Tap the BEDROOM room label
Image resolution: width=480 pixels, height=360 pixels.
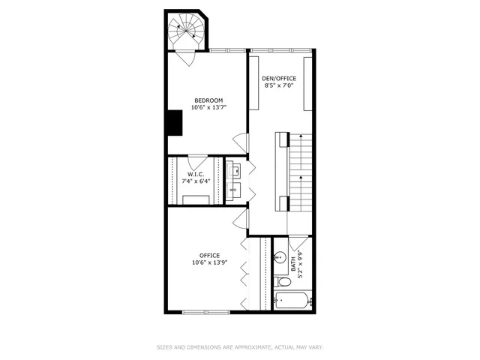click(208, 100)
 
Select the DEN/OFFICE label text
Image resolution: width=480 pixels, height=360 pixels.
click(278, 78)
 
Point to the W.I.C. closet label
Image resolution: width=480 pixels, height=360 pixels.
click(195, 174)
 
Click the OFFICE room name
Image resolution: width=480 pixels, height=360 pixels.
click(209, 255)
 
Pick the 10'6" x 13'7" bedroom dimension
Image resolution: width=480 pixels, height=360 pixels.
click(208, 107)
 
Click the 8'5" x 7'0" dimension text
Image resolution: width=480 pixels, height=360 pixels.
click(278, 85)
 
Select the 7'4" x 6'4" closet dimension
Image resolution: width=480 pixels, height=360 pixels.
click(195, 181)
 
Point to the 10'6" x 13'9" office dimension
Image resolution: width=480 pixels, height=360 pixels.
click(209, 262)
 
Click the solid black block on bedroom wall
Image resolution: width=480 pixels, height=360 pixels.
click(174, 122)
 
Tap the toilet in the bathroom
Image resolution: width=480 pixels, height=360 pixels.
click(282, 283)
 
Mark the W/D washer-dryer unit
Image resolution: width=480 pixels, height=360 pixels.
click(233, 190)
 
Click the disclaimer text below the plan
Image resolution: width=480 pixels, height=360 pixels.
click(239, 347)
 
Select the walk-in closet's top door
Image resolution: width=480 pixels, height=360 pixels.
click(196, 161)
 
